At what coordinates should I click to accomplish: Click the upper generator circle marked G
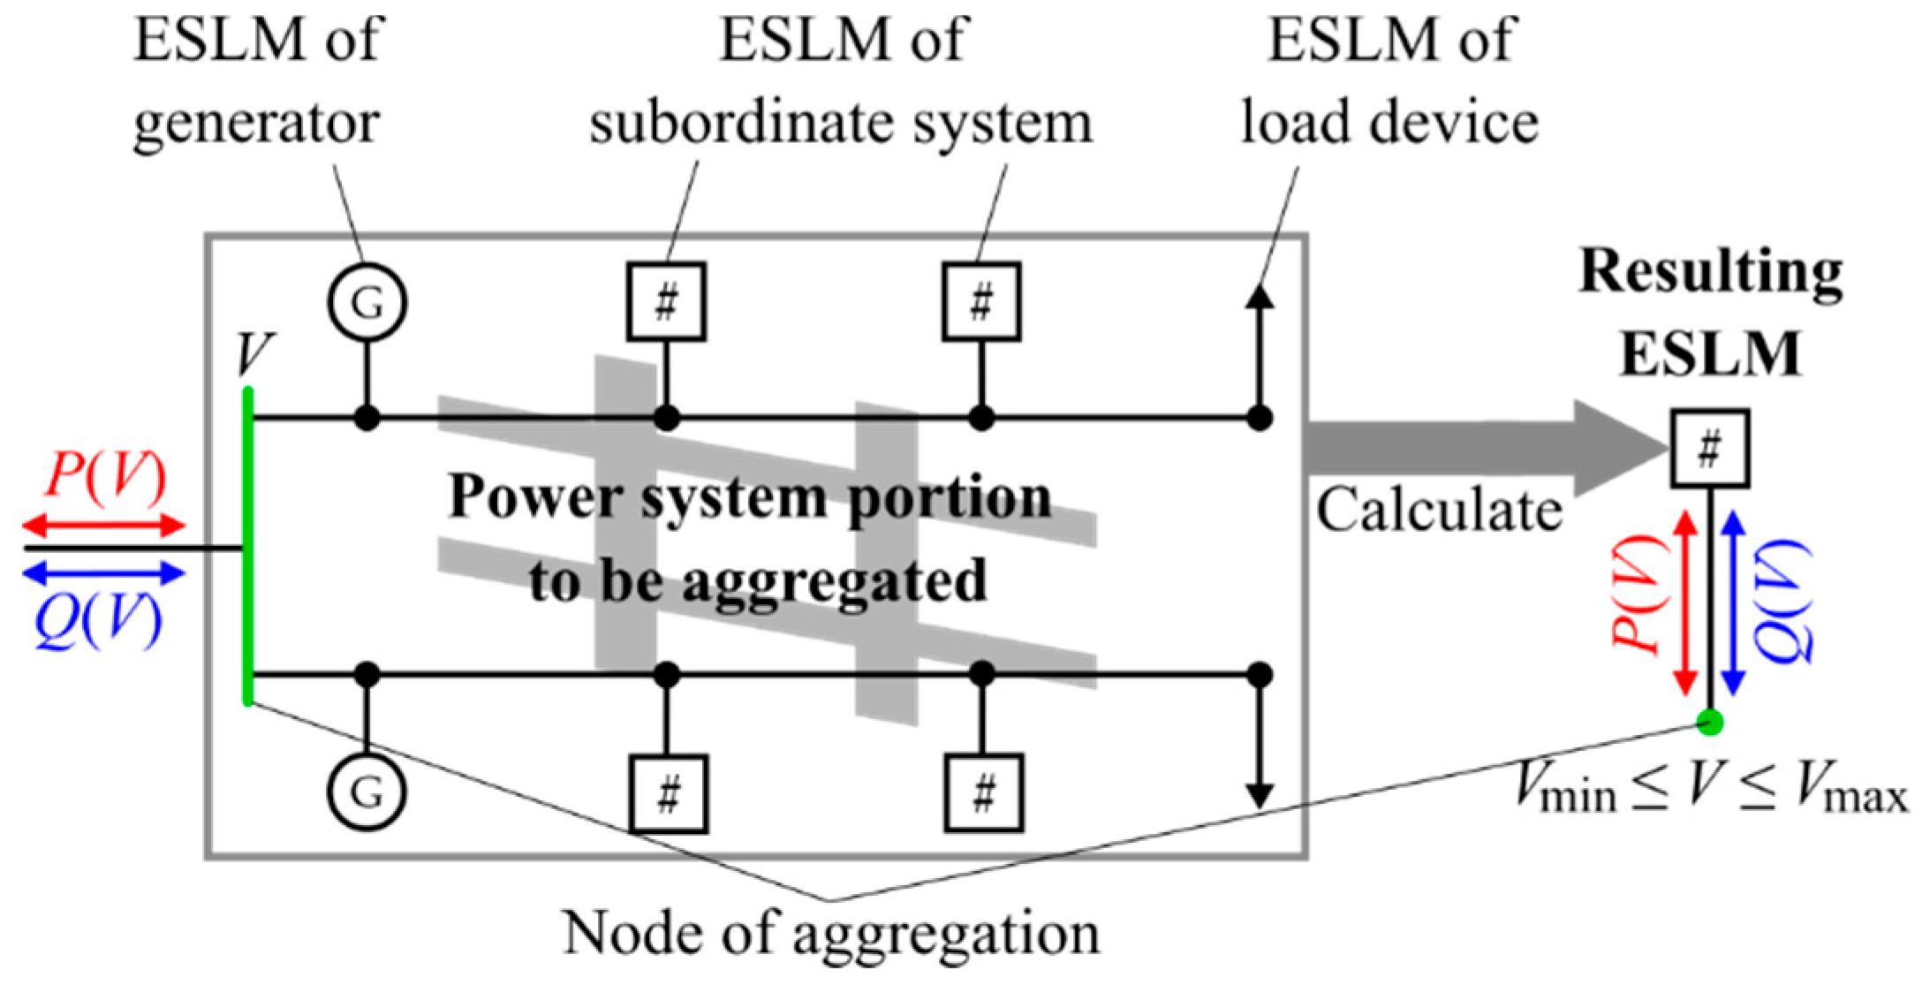tap(367, 302)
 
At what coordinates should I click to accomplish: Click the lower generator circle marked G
tap(367, 792)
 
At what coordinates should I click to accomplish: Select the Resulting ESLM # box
tap(1709, 448)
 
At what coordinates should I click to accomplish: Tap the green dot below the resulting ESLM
tap(1710, 724)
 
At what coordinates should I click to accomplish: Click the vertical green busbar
tap(248, 548)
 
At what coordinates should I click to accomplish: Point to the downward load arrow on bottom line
tap(1260, 751)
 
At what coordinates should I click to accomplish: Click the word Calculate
tap(1439, 511)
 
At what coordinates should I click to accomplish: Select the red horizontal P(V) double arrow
tap(103, 527)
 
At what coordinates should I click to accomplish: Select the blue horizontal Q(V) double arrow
tap(103, 574)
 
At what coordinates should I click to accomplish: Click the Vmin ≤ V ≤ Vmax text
tap(1710, 786)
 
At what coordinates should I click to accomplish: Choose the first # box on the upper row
tap(666, 302)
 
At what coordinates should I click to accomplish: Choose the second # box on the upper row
tap(981, 302)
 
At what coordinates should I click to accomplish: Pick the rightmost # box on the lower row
tap(983, 793)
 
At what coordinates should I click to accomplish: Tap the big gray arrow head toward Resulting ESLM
tap(1616, 448)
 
